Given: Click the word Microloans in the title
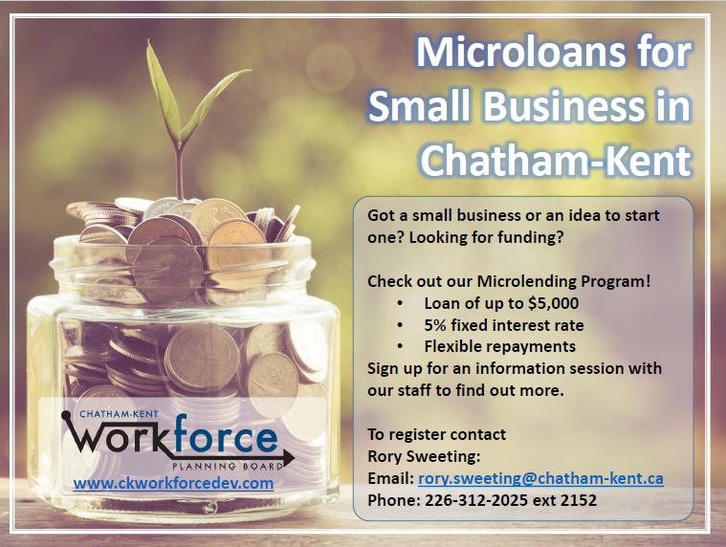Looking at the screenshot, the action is point(520,52).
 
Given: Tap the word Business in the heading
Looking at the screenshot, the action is point(564,106).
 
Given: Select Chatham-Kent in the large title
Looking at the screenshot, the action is point(556,160).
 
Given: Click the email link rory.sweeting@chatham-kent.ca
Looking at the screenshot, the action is point(540,478).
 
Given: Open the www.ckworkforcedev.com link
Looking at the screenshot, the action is point(173,483).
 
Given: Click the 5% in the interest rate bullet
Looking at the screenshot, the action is point(435,325).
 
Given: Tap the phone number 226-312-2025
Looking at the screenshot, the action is point(476,500).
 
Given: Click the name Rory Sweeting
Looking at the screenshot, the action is point(424,457).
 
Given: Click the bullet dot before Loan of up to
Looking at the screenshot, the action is point(400,304).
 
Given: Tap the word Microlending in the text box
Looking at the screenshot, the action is point(527,281).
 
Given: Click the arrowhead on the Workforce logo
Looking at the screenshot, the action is point(288,458).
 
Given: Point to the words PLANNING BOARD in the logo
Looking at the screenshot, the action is point(228,466).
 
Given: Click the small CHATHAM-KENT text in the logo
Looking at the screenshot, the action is point(119,414).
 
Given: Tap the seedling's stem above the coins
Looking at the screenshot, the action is point(179,171).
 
